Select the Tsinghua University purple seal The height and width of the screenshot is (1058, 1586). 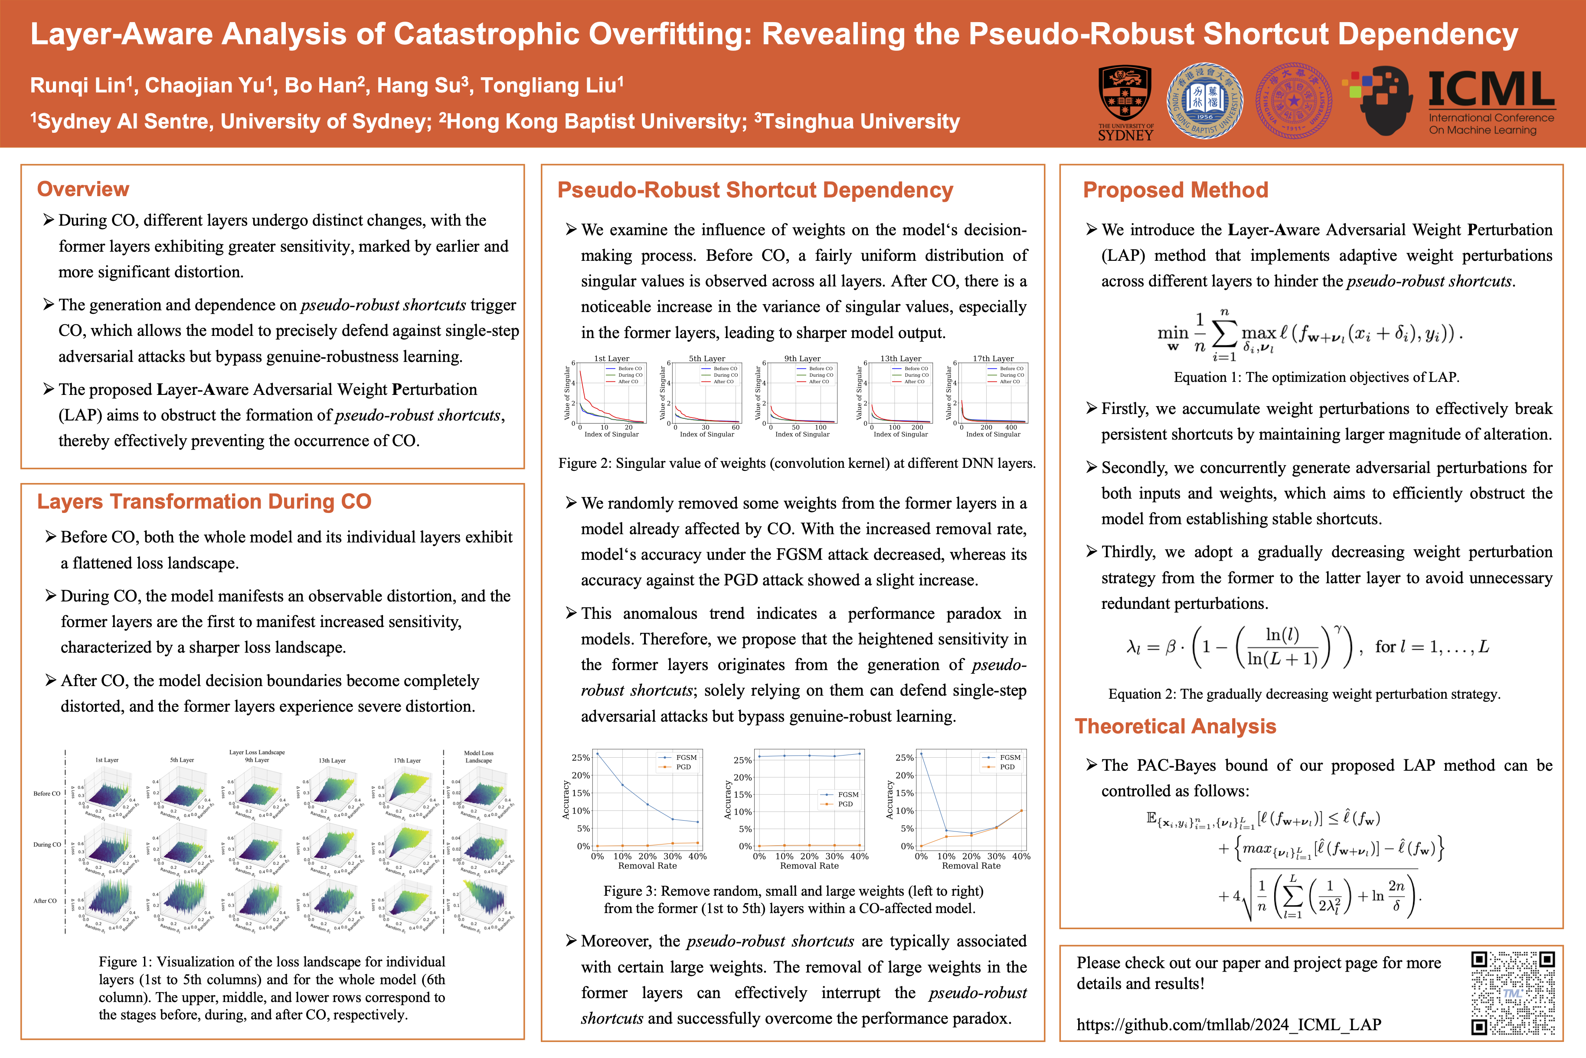pos(1293,101)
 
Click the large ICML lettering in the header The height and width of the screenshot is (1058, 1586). pos(1491,89)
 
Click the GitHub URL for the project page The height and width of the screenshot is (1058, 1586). pos(1229,1024)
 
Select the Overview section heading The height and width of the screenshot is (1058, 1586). pos(83,189)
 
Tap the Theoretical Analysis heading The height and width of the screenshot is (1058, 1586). pos(1175,726)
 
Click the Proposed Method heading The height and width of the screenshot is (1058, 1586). pos(1175,190)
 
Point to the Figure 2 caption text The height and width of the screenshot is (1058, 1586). pos(796,463)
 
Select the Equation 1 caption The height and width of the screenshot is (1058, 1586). pos(1316,377)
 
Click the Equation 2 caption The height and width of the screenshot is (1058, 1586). pos(1304,693)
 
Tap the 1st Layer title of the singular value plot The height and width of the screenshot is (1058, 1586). pos(612,358)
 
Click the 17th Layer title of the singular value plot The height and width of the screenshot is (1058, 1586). pos(993,358)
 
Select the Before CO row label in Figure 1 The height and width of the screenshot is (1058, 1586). pos(46,793)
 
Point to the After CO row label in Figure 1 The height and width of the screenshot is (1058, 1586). pos(45,901)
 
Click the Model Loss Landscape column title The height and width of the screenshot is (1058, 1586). pos(479,756)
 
